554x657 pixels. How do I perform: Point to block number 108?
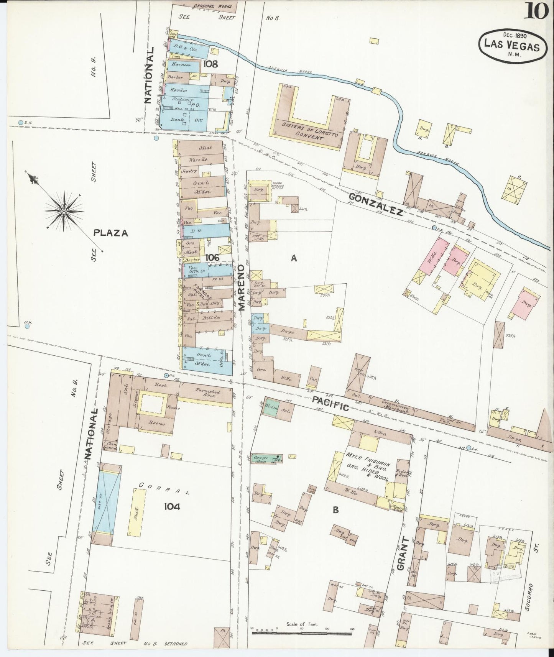[x=210, y=63]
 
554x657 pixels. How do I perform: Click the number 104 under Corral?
[x=172, y=507]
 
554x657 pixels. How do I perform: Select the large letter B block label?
[x=335, y=510]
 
